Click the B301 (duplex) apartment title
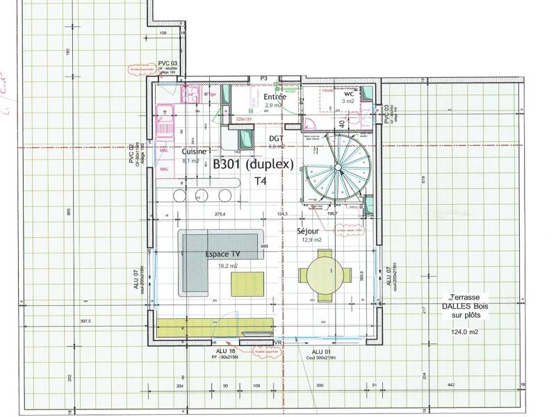pos(254,165)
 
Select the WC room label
pos(349,93)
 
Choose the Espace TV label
pos(222,255)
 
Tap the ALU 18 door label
pos(227,352)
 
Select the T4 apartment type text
pos(260,181)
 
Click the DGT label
pos(277,139)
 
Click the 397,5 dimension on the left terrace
pos(85,321)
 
